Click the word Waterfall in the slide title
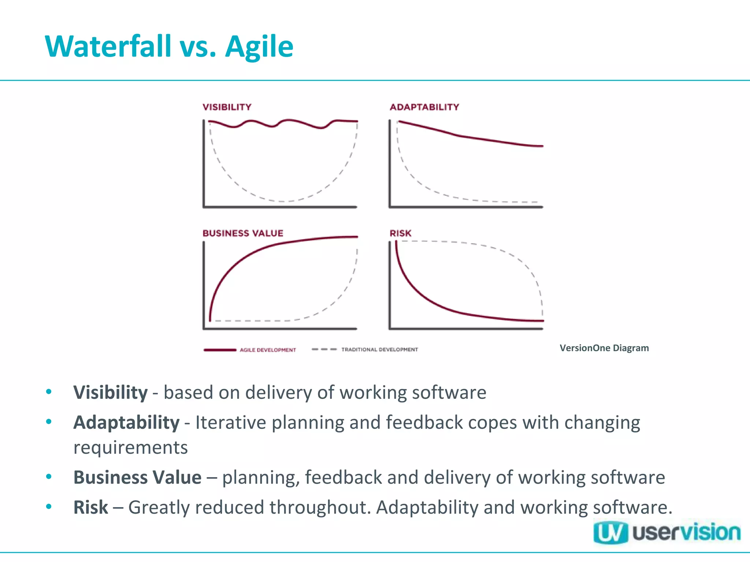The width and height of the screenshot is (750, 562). [x=108, y=46]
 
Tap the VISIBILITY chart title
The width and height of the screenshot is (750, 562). [x=227, y=107]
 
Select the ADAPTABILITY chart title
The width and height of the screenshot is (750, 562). [x=424, y=107]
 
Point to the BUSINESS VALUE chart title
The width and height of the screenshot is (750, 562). [x=243, y=233]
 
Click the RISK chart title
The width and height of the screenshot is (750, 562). [x=400, y=233]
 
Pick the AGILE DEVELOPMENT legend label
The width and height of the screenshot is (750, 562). [x=268, y=350]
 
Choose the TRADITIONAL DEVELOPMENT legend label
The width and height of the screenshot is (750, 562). [x=379, y=350]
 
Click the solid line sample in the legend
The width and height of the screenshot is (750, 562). [x=220, y=350]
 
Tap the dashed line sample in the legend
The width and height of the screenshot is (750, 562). [x=324, y=349]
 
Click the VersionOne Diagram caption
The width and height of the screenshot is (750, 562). [x=604, y=348]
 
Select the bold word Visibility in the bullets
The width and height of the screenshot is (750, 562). [x=110, y=393]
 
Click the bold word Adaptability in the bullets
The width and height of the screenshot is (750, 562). [x=126, y=423]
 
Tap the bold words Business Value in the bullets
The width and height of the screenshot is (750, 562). [x=137, y=477]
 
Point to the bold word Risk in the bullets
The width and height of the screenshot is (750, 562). [x=90, y=507]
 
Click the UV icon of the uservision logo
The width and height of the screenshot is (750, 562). [x=610, y=533]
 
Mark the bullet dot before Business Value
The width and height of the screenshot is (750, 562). [x=49, y=477]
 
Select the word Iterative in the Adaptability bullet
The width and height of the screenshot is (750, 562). [x=231, y=423]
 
